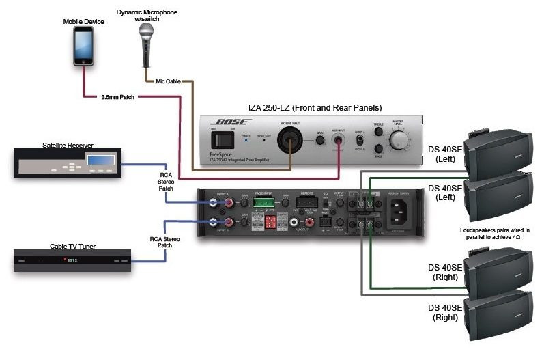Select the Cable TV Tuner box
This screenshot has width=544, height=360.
click(x=66, y=260)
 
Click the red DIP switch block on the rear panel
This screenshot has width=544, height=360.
click(x=270, y=223)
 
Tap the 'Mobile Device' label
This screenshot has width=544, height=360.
click(x=83, y=21)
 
